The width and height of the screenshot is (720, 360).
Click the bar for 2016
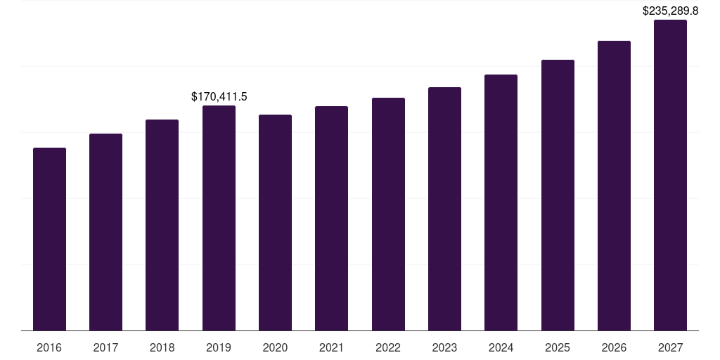(x=49, y=239)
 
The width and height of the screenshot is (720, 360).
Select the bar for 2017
(x=105, y=232)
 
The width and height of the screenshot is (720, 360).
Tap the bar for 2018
(x=162, y=225)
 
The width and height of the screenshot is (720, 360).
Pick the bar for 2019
(x=219, y=218)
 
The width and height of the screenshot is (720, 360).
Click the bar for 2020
(x=275, y=222)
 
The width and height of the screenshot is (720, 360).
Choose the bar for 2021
(x=332, y=218)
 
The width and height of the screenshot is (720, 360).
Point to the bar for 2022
(x=388, y=214)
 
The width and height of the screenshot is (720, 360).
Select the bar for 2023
(x=444, y=209)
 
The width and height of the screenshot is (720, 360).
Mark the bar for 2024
(x=501, y=202)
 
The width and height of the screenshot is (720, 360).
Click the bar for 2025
(x=558, y=195)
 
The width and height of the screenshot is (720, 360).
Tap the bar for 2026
(x=614, y=186)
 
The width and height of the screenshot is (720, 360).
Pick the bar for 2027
(x=670, y=175)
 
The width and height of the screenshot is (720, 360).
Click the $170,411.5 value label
(x=219, y=96)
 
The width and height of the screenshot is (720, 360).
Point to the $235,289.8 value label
(x=671, y=11)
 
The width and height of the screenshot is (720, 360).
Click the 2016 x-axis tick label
(x=49, y=347)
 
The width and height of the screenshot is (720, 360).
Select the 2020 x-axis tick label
(x=275, y=347)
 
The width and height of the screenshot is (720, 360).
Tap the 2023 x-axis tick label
(x=444, y=347)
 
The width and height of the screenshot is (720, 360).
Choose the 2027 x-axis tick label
(x=670, y=347)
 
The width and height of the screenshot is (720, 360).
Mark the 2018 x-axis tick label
(x=162, y=347)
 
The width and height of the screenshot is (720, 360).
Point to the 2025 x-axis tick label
(x=558, y=347)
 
